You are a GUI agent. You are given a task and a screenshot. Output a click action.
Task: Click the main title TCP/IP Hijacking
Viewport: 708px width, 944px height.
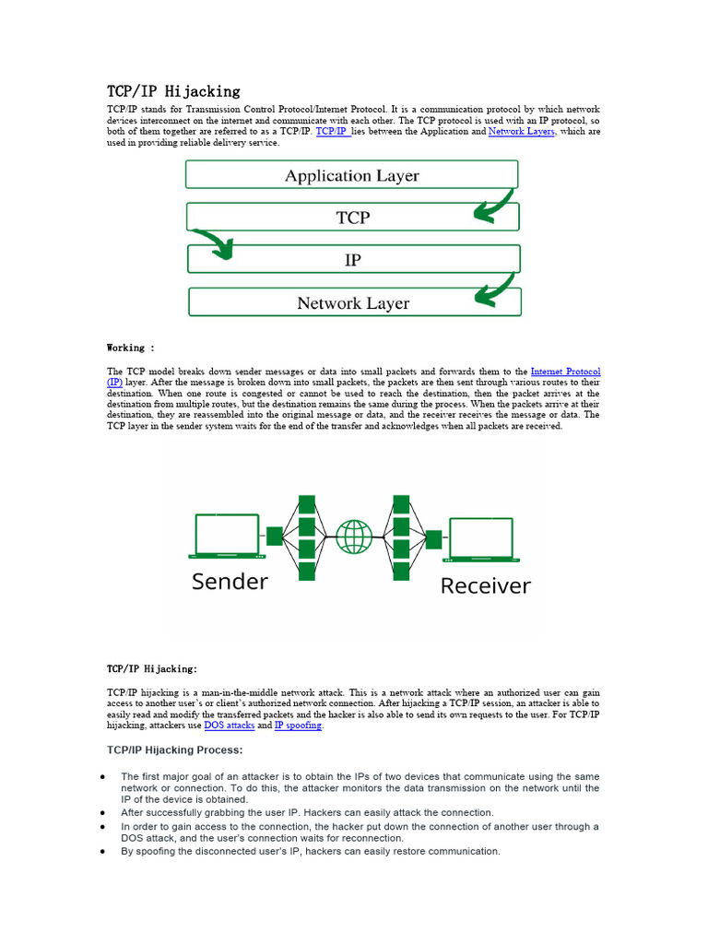pos(173,90)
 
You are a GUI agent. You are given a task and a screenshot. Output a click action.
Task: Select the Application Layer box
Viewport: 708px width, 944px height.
pos(351,175)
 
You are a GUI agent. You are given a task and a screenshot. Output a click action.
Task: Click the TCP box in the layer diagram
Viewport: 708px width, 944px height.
pos(352,217)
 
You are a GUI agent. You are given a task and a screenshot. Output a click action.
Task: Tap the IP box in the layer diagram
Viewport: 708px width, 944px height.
pos(352,260)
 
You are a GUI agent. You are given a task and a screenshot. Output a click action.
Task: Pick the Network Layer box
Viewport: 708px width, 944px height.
pos(353,302)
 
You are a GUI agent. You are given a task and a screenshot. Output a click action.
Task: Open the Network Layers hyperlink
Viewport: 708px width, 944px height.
pos(522,132)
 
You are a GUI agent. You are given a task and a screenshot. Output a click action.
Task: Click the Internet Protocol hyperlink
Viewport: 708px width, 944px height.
pos(565,371)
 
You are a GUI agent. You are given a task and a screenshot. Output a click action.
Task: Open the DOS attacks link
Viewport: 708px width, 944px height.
pos(229,726)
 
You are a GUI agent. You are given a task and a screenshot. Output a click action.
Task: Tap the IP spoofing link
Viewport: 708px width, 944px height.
pos(298,726)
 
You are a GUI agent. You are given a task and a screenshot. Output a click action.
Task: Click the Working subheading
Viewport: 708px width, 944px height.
pos(131,348)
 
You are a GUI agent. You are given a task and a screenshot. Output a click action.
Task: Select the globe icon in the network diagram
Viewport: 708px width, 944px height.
pos(354,537)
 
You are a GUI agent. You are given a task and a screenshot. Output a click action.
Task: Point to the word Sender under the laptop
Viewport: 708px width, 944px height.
pos(230,582)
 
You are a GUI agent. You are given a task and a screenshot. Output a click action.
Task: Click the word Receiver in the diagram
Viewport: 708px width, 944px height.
pos(485,585)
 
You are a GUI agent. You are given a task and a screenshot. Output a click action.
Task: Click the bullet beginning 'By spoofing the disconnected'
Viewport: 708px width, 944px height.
pos(310,852)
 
